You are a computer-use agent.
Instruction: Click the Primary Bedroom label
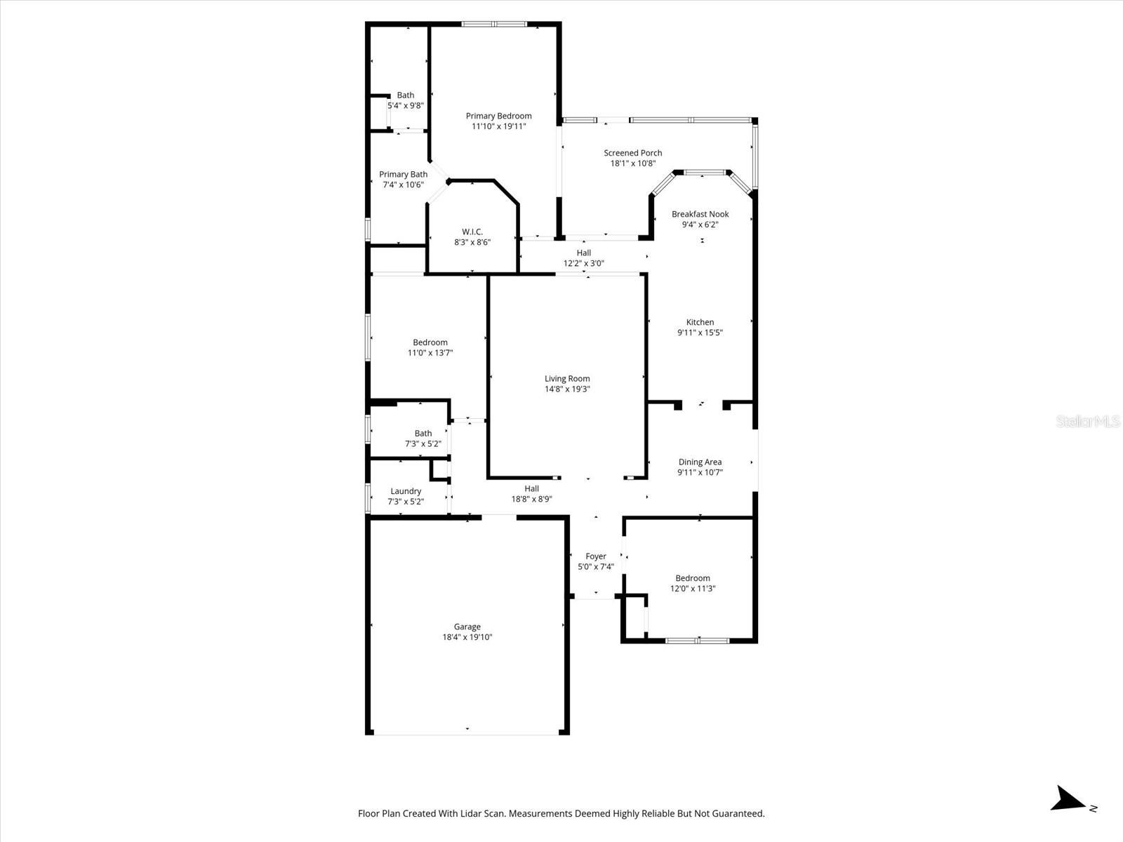coord(498,116)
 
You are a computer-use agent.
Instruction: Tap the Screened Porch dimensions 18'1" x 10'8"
coord(632,163)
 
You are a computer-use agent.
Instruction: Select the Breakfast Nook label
coord(700,214)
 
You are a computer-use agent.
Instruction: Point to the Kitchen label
coord(700,322)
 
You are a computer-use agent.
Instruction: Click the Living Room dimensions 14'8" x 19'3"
coord(567,389)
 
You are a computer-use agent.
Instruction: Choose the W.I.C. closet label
coord(472,232)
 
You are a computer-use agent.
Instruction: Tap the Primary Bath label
coord(403,174)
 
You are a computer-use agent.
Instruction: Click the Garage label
coord(467,627)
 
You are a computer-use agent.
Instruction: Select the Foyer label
coord(595,556)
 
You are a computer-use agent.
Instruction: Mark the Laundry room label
coord(406,491)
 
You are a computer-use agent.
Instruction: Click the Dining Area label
coord(700,462)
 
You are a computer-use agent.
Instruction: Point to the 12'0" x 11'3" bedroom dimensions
coord(692,589)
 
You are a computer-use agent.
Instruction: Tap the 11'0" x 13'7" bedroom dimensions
coord(430,353)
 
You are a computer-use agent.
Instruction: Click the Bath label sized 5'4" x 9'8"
coord(405,95)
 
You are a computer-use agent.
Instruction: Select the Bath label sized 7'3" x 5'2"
coord(423,434)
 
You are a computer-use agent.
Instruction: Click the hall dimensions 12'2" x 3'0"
coord(583,264)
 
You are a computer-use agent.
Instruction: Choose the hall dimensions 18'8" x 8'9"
coord(531,500)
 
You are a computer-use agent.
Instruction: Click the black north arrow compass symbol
coord(1068,798)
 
